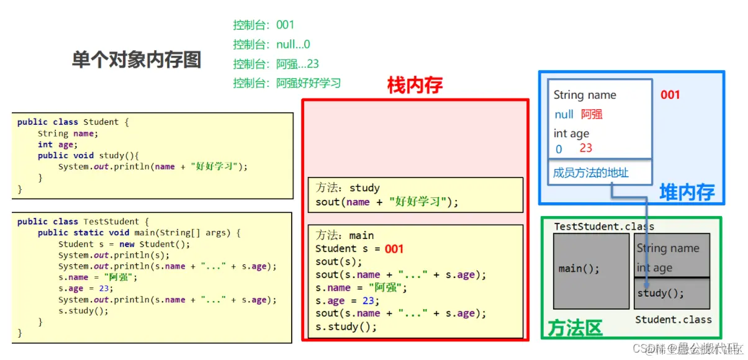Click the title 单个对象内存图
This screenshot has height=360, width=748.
tap(137, 60)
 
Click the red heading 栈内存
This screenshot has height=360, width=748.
tap(415, 85)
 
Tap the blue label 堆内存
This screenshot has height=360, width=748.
tap(687, 192)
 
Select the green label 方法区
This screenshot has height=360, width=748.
tap(575, 328)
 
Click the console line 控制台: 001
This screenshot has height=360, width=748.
tap(263, 25)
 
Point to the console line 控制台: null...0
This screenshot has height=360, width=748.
tap(271, 45)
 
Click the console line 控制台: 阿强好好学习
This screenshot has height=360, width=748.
tap(287, 83)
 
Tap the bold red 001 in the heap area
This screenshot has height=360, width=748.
tap(670, 95)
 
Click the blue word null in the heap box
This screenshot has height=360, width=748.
tap(564, 115)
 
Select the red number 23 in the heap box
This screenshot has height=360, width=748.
tap(586, 148)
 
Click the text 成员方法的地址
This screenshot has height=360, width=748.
tap(590, 173)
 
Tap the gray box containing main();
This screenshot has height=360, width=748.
tap(590, 271)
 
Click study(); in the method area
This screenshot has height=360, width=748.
tap(660, 293)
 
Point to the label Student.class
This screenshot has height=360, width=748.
tap(673, 320)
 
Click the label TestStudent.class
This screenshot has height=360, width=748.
tap(603, 227)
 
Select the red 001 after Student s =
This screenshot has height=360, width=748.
tap(394, 250)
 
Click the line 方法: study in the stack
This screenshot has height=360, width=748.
tap(348, 188)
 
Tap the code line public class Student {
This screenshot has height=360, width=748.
tap(73, 122)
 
